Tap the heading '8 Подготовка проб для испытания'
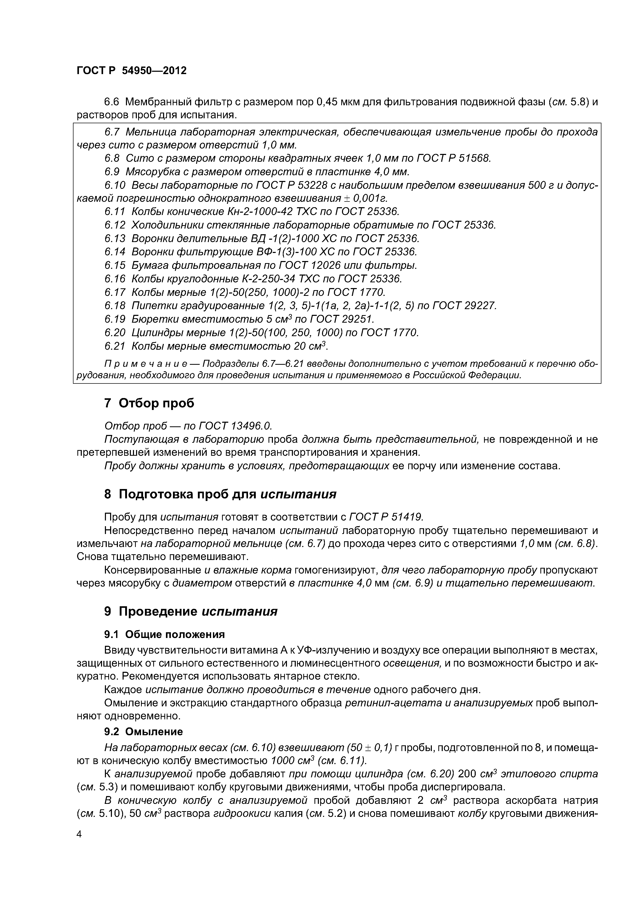click(x=220, y=494)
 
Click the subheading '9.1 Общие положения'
click(x=164, y=634)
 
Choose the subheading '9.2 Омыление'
click(x=144, y=732)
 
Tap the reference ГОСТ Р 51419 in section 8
click(x=386, y=517)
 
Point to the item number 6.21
click(x=115, y=346)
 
